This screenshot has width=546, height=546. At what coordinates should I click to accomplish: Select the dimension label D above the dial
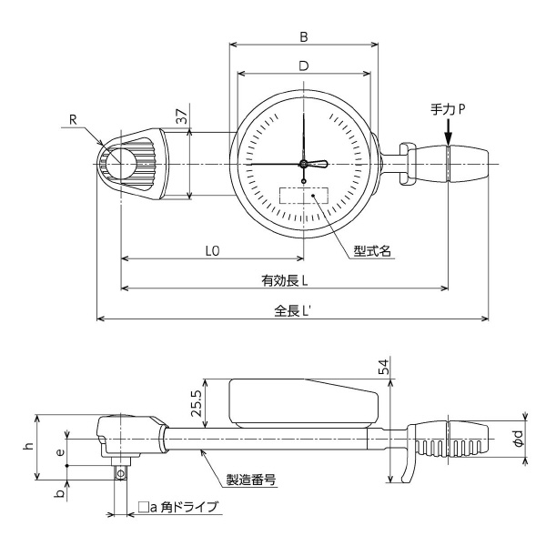(x=303, y=66)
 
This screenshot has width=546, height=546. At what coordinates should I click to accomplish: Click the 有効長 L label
(x=283, y=279)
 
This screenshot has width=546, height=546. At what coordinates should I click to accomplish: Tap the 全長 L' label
(x=292, y=309)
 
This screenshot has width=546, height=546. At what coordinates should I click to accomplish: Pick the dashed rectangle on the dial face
(x=303, y=197)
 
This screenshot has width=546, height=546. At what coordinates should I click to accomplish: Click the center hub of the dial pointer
(x=303, y=164)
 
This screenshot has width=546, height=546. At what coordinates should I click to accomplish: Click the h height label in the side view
(x=28, y=445)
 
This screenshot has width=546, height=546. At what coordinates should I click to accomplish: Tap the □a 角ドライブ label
(x=177, y=507)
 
